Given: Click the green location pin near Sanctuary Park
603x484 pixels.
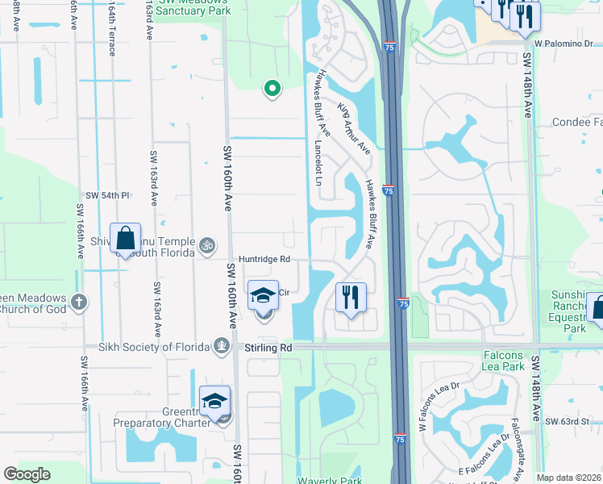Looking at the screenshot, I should point(272,90).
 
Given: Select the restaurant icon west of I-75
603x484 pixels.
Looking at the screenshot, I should point(351,297).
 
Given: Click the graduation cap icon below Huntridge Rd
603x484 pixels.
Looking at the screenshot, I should point(264,297).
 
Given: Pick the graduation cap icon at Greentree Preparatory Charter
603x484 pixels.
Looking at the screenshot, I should point(215,401).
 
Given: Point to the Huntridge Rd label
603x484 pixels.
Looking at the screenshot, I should point(263,260).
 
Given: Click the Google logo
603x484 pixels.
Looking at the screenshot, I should point(27,474).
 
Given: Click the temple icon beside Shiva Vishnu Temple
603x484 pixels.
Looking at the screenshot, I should point(207,244).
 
